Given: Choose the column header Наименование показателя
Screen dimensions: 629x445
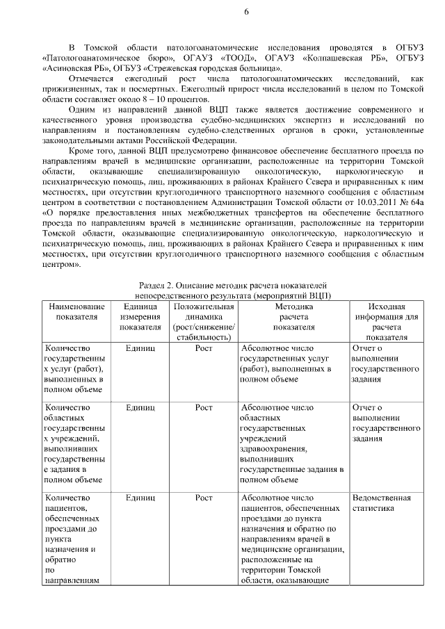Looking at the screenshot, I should pyautogui.click(x=77, y=311).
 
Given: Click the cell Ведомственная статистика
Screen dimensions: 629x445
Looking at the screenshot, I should pyautogui.click(x=382, y=503).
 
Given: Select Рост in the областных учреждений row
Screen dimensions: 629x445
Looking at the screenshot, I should pyautogui.click(x=203, y=407).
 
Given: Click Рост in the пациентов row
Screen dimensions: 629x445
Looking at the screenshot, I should pyautogui.click(x=203, y=498).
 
